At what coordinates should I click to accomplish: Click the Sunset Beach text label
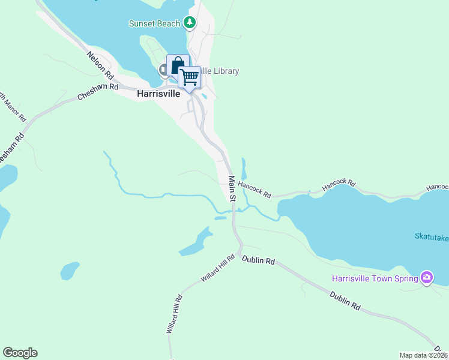154,23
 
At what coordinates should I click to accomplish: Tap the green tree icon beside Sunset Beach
190,23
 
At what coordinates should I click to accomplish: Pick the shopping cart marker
190,77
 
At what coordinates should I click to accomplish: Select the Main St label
232,188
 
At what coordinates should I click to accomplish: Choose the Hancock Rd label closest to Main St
255,191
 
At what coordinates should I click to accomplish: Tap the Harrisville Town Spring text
375,278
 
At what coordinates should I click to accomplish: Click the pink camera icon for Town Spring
427,277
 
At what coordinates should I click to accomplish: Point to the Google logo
20,353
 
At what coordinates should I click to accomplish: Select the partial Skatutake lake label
431,238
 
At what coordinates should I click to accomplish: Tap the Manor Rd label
13,106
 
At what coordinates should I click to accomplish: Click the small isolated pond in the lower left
70,270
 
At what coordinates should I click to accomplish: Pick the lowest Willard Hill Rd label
174,315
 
